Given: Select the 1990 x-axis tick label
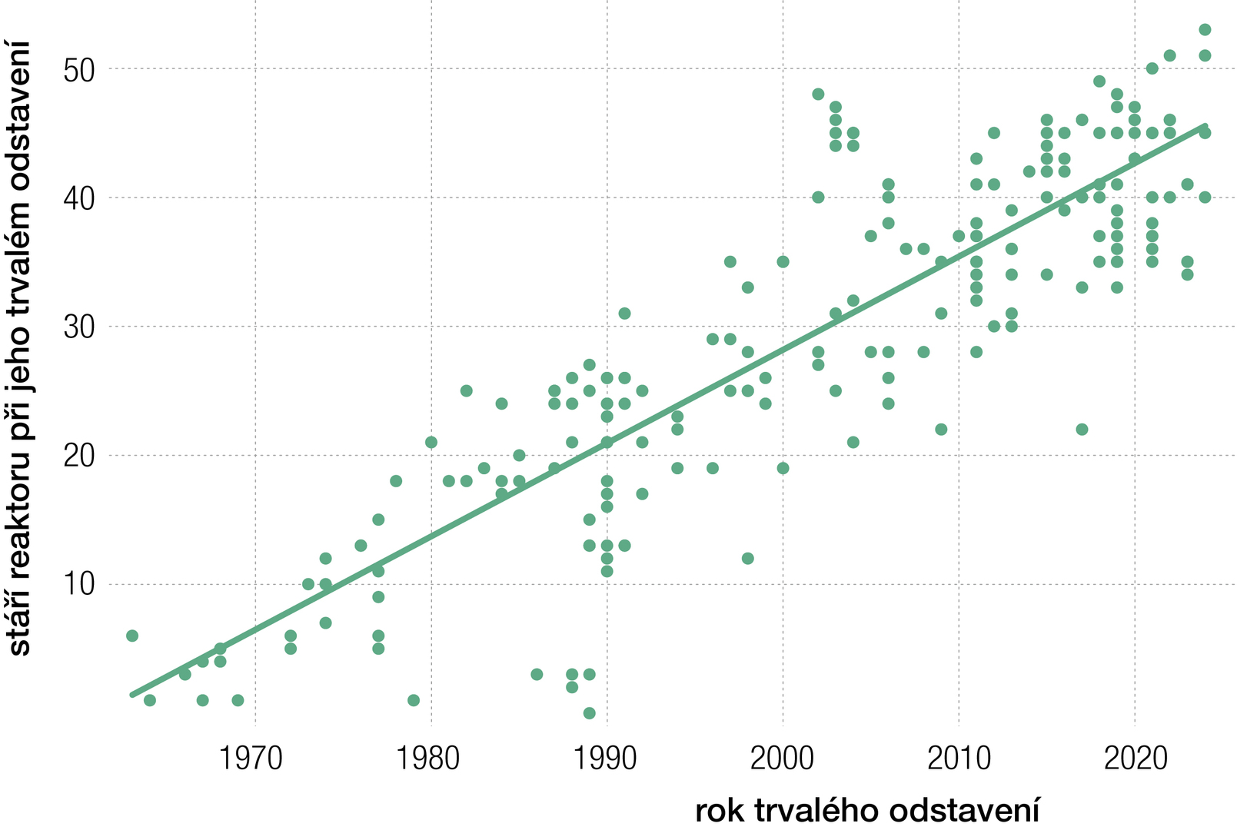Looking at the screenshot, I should [x=604, y=759].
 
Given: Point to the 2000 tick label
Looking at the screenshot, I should [x=781, y=759].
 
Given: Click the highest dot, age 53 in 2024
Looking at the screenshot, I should [x=1205, y=30].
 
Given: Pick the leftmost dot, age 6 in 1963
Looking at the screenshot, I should [x=132, y=636].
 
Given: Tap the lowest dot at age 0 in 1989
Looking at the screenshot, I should [x=589, y=713].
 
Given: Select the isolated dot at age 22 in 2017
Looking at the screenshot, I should [x=1082, y=429].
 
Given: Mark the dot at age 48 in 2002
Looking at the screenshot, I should [x=818, y=95].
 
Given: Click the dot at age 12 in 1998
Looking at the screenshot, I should [x=747, y=558].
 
